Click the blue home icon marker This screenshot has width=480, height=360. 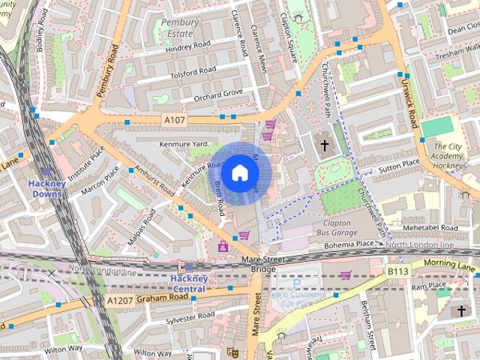(x=239, y=173)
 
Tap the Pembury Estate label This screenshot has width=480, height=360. (x=179, y=28)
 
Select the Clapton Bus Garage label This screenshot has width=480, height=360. (x=336, y=228)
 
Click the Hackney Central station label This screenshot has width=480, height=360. (x=184, y=283)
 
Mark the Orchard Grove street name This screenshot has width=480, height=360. (x=218, y=93)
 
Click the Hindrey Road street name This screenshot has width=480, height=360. (x=169, y=47)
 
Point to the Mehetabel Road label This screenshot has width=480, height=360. (x=429, y=227)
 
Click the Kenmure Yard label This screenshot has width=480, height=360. (x=182, y=143)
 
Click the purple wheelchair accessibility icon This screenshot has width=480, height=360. (x=223, y=246)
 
